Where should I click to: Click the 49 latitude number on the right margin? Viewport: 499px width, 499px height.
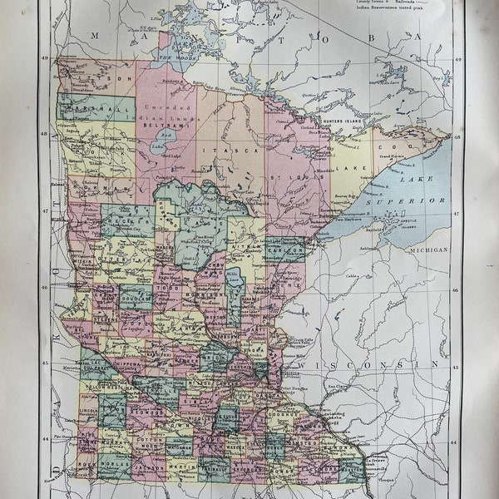(456, 59)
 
